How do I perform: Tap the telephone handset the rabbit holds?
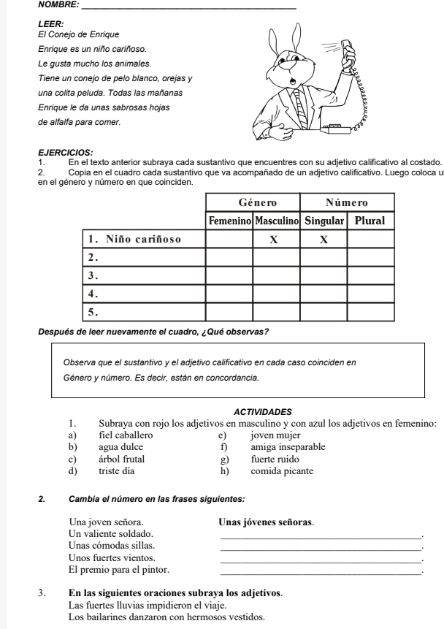point(348,54)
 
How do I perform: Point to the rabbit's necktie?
point(301,110)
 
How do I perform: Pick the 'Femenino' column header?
point(231,220)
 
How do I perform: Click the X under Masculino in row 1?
point(277,239)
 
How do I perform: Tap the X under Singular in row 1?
point(324,239)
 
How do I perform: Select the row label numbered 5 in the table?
point(93,311)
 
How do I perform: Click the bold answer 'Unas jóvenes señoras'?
point(267,522)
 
